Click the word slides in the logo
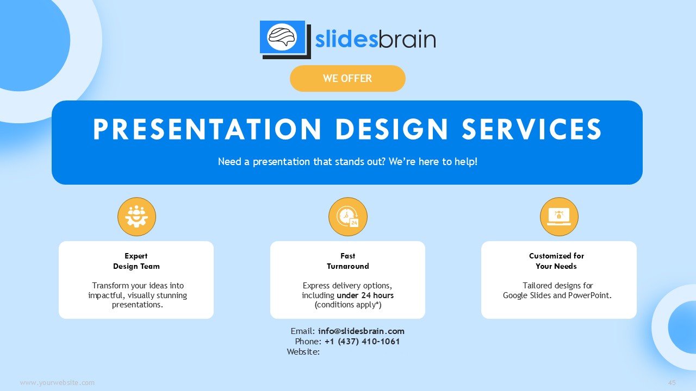pyautogui.click(x=346, y=40)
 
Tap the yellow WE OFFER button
pyautogui.click(x=347, y=78)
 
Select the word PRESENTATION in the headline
pyautogui.click(x=207, y=129)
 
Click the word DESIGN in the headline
pyautogui.click(x=391, y=129)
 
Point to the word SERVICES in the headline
pyautogui.click(x=532, y=129)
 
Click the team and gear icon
pyautogui.click(x=136, y=217)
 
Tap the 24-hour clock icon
pyautogui.click(x=347, y=217)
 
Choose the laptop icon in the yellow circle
pyautogui.click(x=559, y=217)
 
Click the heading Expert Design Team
pyautogui.click(x=136, y=261)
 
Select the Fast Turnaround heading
pyautogui.click(x=347, y=261)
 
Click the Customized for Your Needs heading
pyautogui.click(x=556, y=261)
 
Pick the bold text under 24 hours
pyautogui.click(x=365, y=295)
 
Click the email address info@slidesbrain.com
pyautogui.click(x=361, y=331)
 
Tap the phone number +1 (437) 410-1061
pyautogui.click(x=362, y=342)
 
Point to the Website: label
pyautogui.click(x=303, y=351)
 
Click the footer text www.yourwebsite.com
pyautogui.click(x=57, y=383)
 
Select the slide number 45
pyautogui.click(x=672, y=383)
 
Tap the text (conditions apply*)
pyautogui.click(x=348, y=305)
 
